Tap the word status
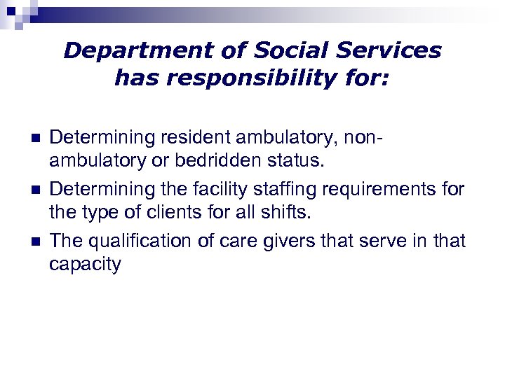click(299, 161)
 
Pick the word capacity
click(85, 265)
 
